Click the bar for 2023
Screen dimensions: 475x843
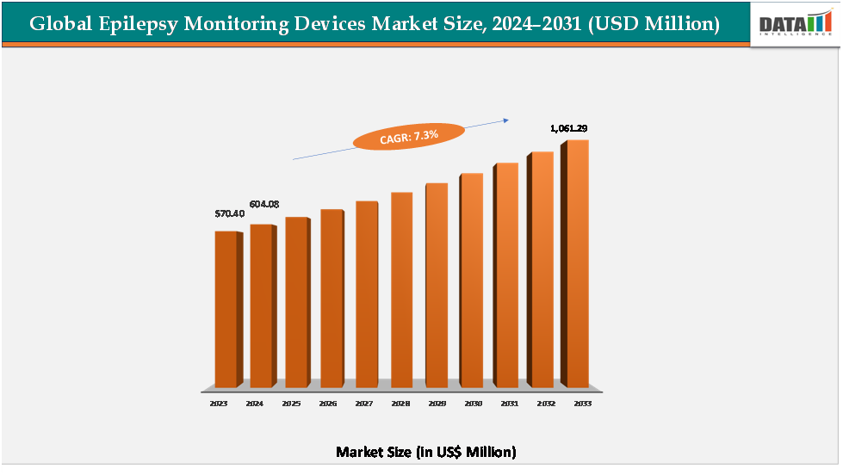pyautogui.click(x=226, y=309)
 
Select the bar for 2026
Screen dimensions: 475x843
pyautogui.click(x=331, y=298)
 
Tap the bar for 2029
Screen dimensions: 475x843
pyautogui.click(x=436, y=285)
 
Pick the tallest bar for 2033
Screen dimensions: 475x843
pyautogui.click(x=577, y=263)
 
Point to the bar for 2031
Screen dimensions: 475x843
pyautogui.click(x=505, y=275)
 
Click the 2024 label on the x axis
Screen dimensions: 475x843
pyautogui.click(x=255, y=403)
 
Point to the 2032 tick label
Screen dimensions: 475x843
pyautogui.click(x=547, y=403)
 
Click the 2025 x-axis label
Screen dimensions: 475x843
pyautogui.click(x=291, y=403)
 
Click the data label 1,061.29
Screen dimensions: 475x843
pyautogui.click(x=568, y=128)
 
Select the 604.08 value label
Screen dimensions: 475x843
pyautogui.click(x=264, y=204)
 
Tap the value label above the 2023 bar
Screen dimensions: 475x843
pyautogui.click(x=229, y=213)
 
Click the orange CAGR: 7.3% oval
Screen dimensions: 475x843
pyautogui.click(x=410, y=136)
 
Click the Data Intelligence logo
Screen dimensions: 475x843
pyautogui.click(x=795, y=24)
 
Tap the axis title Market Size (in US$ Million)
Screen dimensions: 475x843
pyautogui.click(x=425, y=451)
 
